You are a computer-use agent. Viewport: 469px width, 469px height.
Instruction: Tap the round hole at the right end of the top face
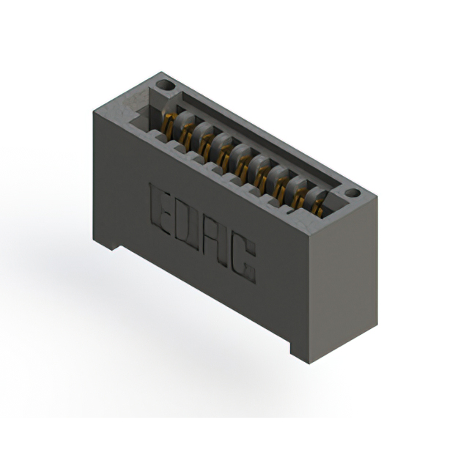(x=352, y=193)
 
